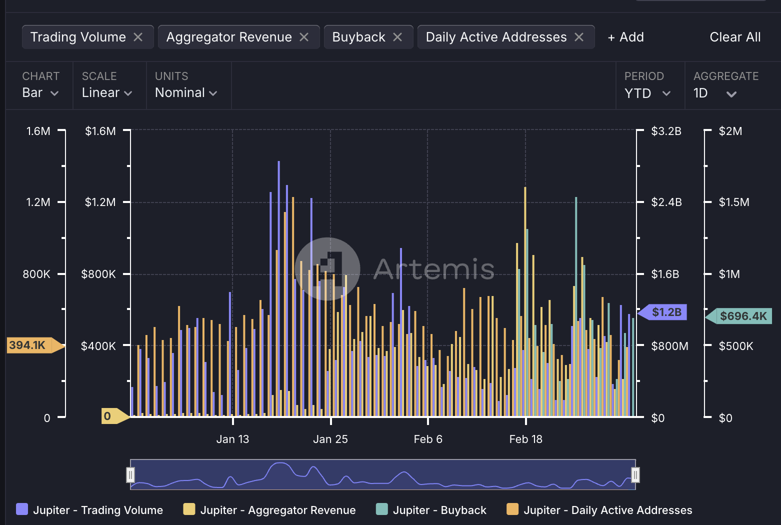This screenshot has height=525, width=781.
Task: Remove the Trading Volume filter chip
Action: pyautogui.click(x=138, y=37)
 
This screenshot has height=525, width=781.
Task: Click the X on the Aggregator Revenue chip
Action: pyautogui.click(x=304, y=37)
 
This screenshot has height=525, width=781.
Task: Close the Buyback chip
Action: pyautogui.click(x=397, y=37)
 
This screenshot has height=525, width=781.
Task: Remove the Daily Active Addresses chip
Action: pyautogui.click(x=579, y=37)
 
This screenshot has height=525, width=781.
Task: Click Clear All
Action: pyautogui.click(x=735, y=37)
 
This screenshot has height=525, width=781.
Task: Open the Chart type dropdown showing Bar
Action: pyautogui.click(x=40, y=92)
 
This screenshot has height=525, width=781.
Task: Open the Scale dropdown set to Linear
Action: pyautogui.click(x=107, y=92)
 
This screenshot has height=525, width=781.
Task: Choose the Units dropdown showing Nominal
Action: pyautogui.click(x=186, y=92)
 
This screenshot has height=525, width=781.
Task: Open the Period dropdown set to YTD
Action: pyautogui.click(x=647, y=93)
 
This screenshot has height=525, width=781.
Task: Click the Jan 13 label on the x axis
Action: pyautogui.click(x=232, y=439)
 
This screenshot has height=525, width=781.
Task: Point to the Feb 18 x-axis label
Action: pyautogui.click(x=525, y=439)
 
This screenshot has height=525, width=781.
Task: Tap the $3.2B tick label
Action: pyautogui.click(x=666, y=131)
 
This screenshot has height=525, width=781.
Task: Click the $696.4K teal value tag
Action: pyautogui.click(x=742, y=316)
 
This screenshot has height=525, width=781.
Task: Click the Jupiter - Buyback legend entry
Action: pyautogui.click(x=431, y=510)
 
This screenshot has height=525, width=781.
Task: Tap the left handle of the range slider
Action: pyautogui.click(x=130, y=474)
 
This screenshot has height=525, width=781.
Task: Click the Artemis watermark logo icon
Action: pyautogui.click(x=327, y=269)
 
